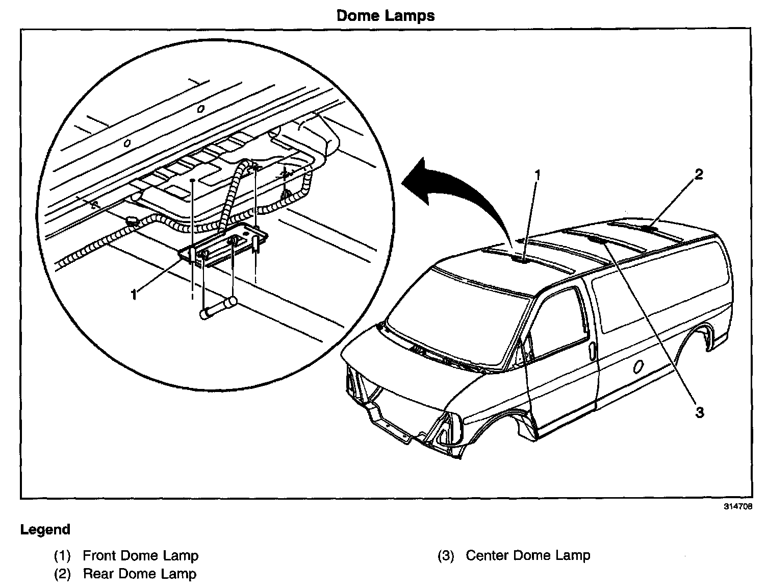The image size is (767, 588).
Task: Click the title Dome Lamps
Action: coord(385,15)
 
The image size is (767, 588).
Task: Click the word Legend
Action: coord(45,529)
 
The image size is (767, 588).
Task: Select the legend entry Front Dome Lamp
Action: coord(140,555)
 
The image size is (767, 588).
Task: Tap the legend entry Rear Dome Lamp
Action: coord(139,574)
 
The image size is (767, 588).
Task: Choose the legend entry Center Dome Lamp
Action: coord(528,555)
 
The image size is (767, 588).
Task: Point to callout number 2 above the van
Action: coord(698,175)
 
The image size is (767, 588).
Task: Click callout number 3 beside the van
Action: coord(699,412)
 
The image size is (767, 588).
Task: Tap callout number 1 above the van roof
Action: coord(536,175)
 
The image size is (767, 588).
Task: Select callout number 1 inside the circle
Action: coord(134,295)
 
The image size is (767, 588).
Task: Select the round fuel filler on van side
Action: coord(638,368)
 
